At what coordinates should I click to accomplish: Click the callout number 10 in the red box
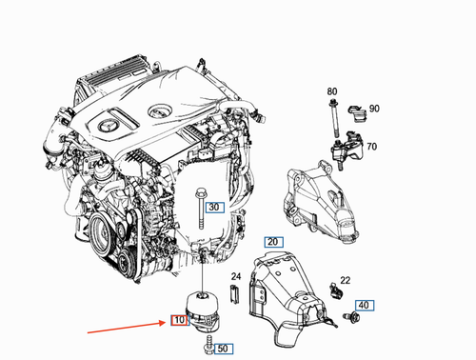(177, 323)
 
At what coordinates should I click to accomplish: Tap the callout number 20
(273, 241)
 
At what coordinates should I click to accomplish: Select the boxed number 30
(214, 207)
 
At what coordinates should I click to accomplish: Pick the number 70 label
(370, 148)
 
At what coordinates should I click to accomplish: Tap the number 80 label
(332, 90)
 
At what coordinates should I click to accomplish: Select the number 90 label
(374, 109)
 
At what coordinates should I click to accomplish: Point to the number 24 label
(235, 277)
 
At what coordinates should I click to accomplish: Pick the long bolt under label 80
(335, 119)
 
